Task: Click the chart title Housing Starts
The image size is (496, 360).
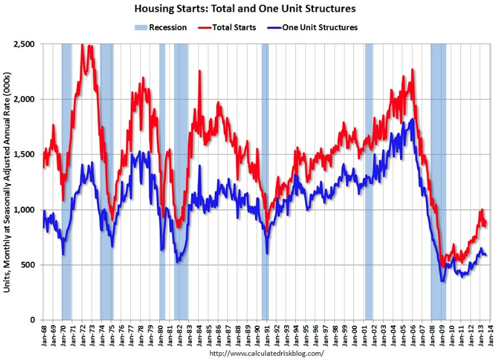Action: click(244, 9)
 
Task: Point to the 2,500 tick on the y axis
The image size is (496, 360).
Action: click(27, 44)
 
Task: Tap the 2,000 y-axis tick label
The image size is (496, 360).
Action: click(27, 99)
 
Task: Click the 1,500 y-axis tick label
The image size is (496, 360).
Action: click(27, 155)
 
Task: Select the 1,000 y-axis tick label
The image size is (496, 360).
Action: click(27, 210)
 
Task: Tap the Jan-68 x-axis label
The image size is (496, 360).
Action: click(44, 335)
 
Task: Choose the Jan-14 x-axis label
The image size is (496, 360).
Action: click(491, 335)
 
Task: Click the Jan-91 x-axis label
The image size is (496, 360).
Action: click(267, 335)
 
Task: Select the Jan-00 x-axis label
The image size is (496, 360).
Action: click(355, 335)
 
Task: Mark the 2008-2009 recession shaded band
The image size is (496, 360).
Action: click(438, 178)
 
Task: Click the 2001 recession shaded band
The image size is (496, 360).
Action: click(369, 178)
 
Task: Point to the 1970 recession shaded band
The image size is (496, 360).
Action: click(66, 178)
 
